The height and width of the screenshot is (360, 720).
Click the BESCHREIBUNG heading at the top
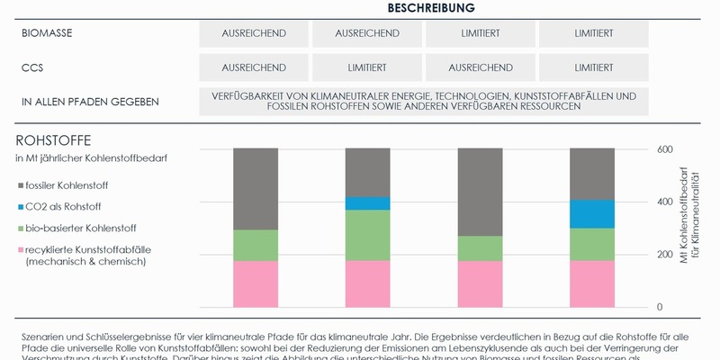pyautogui.click(x=431, y=8)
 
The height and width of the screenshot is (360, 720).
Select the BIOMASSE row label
pyautogui.click(x=47, y=33)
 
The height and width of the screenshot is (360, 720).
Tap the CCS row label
pyautogui.click(x=32, y=67)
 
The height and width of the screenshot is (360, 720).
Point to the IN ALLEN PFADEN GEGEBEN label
pyautogui.click(x=90, y=102)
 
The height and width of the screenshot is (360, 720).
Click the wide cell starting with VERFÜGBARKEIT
pyautogui.click(x=423, y=101)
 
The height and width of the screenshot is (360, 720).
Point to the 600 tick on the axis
pyautogui.click(x=664, y=149)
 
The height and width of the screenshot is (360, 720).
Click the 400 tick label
pyautogui.click(x=664, y=202)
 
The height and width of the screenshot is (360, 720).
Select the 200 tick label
pyautogui.click(x=664, y=255)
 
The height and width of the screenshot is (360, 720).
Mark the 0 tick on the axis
pyautogui.click(x=659, y=307)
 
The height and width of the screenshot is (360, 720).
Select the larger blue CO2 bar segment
pyautogui.click(x=591, y=214)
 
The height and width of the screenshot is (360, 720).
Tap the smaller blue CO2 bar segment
pyautogui.click(x=367, y=203)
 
